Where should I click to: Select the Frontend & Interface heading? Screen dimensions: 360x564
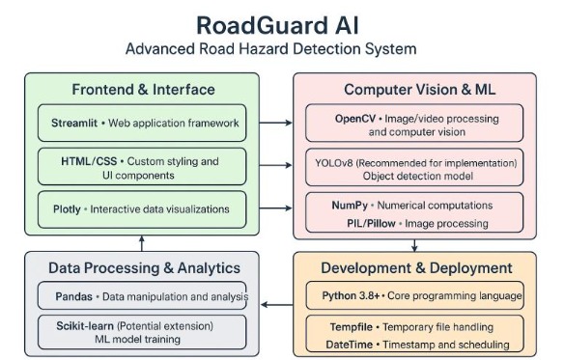[x=143, y=90]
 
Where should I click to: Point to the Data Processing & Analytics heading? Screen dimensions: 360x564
[x=143, y=267]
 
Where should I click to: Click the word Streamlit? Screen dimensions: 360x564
[x=75, y=124]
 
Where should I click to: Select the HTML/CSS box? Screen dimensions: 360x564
[x=143, y=167]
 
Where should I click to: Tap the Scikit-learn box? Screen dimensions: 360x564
[x=143, y=331]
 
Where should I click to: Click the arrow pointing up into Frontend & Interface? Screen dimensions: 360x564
[x=143, y=242]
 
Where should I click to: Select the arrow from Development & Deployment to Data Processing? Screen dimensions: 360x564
[x=277, y=305]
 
